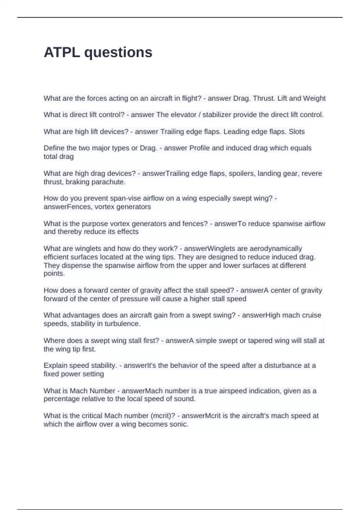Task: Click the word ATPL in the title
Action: click(62, 52)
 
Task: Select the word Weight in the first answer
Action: click(314, 98)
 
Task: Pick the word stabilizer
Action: click(217, 115)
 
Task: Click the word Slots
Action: click(296, 132)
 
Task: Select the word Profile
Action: click(199, 148)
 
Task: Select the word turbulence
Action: click(123, 324)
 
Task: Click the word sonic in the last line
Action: click(180, 424)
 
